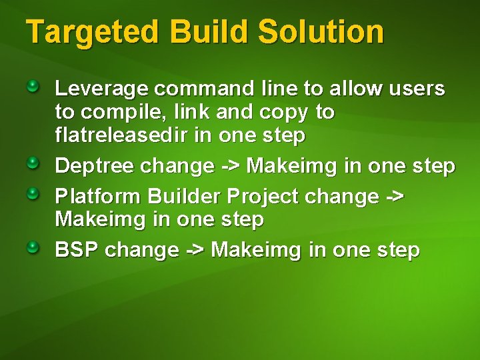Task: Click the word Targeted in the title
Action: [x=91, y=33]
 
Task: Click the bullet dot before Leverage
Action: [x=34, y=86]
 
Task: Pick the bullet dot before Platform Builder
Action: [x=34, y=194]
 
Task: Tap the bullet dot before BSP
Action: [x=34, y=248]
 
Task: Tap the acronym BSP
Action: [x=77, y=250]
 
